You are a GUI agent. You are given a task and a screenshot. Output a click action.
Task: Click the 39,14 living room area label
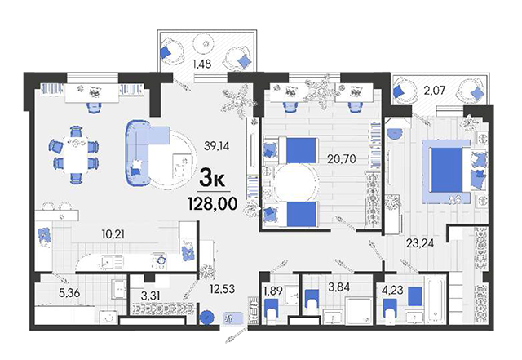217,145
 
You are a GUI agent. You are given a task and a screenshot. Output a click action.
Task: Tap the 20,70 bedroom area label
341,159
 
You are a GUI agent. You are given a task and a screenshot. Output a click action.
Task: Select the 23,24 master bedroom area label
419,243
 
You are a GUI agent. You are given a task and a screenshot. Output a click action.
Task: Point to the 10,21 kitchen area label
113,234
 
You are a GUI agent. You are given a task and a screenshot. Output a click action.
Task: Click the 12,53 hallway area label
222,289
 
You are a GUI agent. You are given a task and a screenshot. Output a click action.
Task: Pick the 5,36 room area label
69,293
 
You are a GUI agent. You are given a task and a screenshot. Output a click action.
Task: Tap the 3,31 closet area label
148,296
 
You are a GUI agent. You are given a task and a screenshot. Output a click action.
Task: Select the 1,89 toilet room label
273,291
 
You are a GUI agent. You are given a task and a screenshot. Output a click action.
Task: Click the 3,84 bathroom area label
339,287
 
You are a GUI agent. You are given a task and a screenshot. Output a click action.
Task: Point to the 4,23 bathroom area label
392,289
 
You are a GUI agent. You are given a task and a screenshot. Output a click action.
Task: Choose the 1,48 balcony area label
202,64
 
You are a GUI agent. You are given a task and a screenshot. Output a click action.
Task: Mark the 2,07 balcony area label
435,90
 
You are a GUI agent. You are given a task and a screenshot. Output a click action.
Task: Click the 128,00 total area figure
213,203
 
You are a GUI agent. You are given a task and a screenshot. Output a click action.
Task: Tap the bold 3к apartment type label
212,180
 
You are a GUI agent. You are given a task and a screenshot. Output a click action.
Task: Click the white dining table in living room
76,154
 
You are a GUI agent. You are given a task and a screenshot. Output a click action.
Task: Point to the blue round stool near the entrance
207,318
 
